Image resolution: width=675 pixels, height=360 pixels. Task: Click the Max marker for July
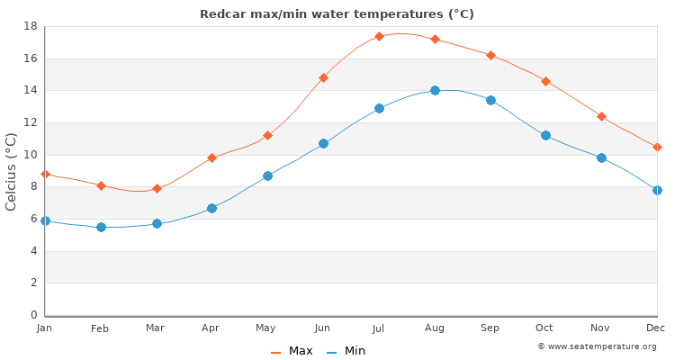coord(379,37)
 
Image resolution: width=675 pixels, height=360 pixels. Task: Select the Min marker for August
coord(435,90)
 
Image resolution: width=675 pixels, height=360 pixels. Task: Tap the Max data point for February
coord(101,185)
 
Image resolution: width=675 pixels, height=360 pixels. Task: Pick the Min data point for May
coord(267,175)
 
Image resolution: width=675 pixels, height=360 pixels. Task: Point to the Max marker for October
coord(545,81)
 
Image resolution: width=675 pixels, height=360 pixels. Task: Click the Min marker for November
coord(601,157)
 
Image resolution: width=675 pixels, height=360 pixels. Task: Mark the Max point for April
coord(211,157)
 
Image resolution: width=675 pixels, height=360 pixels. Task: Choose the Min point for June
coord(323,143)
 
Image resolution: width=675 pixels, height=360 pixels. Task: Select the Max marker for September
coord(490,55)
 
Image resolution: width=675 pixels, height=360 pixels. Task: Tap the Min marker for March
coord(157,223)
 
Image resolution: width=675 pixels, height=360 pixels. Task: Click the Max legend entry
coord(292,351)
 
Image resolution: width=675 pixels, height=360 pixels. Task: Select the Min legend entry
coord(346,351)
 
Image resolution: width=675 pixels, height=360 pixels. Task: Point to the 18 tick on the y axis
coord(28,27)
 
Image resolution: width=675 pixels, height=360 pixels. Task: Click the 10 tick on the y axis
coord(28,155)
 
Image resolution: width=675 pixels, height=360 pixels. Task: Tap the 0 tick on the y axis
coord(31,315)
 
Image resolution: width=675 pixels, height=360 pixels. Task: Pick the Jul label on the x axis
coord(379,328)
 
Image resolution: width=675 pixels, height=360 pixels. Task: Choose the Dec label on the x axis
coord(656,328)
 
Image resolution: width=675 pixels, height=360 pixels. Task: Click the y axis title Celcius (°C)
coord(12,171)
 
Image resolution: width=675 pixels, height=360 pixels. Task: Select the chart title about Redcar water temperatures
coord(337,14)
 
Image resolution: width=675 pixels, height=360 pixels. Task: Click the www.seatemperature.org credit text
coord(597,346)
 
